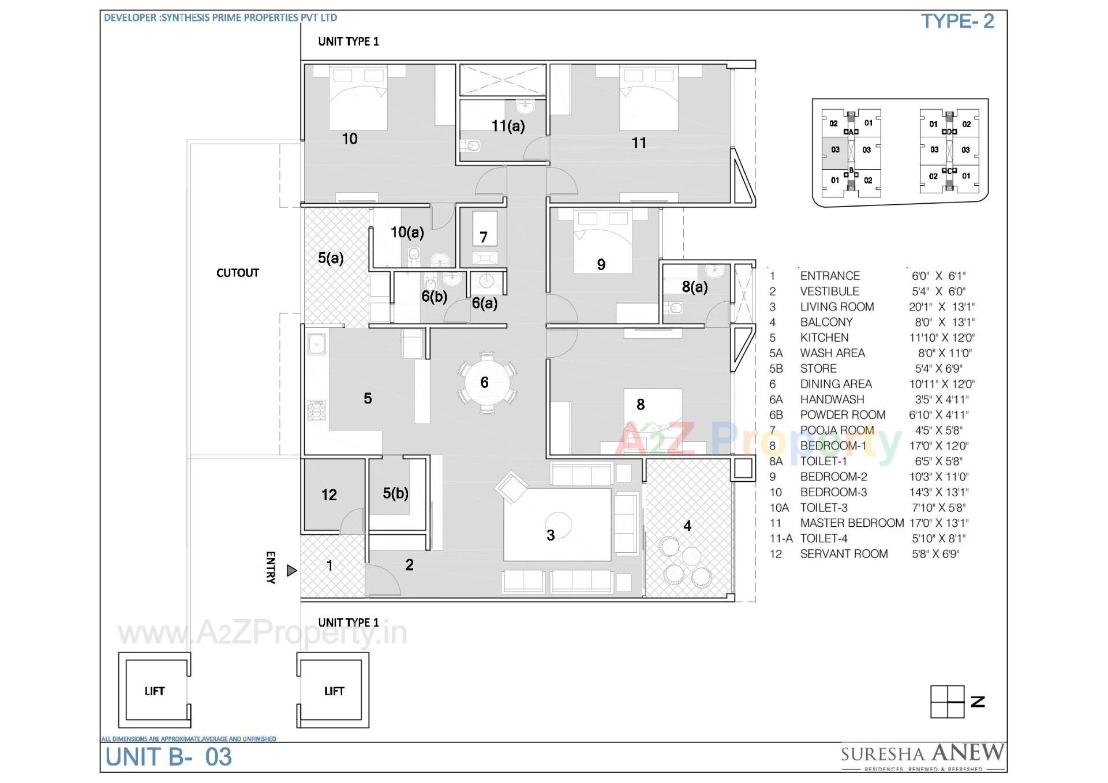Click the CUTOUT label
tap(237, 272)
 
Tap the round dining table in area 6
tap(485, 382)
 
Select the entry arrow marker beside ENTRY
tap(291, 571)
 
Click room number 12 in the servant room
tap(329, 494)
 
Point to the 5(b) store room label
tap(395, 493)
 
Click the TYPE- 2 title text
tap(957, 21)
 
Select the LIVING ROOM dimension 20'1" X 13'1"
tap(941, 306)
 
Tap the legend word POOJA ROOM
tap(837, 430)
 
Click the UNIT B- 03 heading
tap(169, 756)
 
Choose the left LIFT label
tap(154, 691)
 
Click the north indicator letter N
tap(978, 702)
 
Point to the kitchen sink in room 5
tap(316, 344)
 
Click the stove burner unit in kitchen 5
tap(316, 410)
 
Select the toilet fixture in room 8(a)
tap(673, 308)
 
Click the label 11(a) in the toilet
tap(508, 126)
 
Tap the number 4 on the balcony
tap(687, 525)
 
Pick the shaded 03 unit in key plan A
tap(835, 150)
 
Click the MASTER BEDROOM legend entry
tap(852, 523)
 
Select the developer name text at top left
tap(220, 18)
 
